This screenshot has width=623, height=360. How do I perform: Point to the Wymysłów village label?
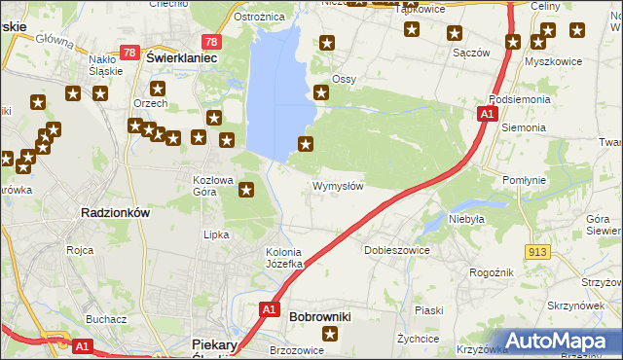click(338, 186)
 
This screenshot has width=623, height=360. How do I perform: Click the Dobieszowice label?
click(397, 250)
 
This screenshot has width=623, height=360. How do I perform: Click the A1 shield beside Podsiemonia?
click(489, 115)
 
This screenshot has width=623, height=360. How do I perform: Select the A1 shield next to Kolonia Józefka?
click(272, 310)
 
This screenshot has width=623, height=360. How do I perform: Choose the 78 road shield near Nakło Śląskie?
click(128, 53)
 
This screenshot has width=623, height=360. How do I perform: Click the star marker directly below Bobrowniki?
click(330, 336)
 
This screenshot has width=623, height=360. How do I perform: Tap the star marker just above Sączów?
click(455, 33)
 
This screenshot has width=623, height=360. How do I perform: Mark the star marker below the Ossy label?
click(321, 93)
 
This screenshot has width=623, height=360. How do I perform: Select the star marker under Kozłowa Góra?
click(246, 191)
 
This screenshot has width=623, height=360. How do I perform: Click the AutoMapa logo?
click(559, 340)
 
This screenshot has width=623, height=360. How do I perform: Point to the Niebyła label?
click(466, 219)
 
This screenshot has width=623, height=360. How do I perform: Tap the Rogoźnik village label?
click(490, 273)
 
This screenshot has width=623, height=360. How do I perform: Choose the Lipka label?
click(215, 234)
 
